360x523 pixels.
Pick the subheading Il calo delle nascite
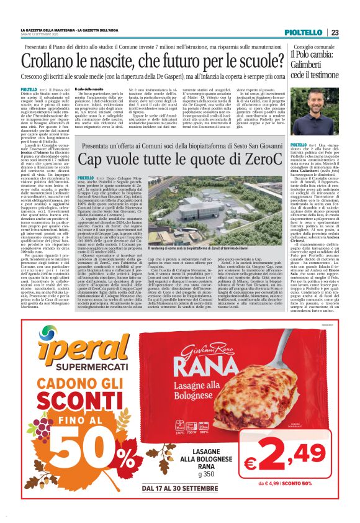(89, 90)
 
